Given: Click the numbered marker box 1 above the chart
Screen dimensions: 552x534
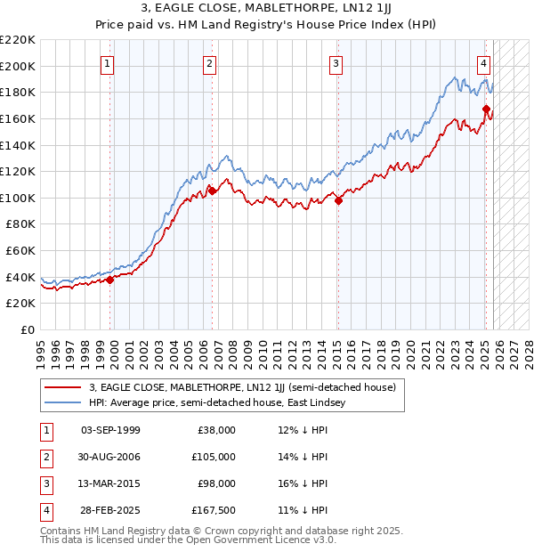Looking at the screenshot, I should click(107, 63).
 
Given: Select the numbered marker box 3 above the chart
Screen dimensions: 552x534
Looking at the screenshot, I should click(336, 63).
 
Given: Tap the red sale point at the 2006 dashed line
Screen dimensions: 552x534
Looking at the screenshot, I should click(213, 191).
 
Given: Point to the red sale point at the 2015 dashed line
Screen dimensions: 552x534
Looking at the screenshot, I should click(338, 200).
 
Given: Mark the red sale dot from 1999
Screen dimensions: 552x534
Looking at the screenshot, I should click(110, 280).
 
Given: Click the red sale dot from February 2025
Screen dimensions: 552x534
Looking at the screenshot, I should click(486, 110).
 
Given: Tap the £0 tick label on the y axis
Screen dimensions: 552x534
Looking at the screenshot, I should click(28, 330).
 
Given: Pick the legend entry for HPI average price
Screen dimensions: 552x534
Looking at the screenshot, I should click(222, 403).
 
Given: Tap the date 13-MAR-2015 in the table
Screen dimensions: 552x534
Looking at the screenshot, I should click(110, 483).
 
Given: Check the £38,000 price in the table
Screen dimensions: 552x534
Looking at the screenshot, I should click(215, 430).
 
